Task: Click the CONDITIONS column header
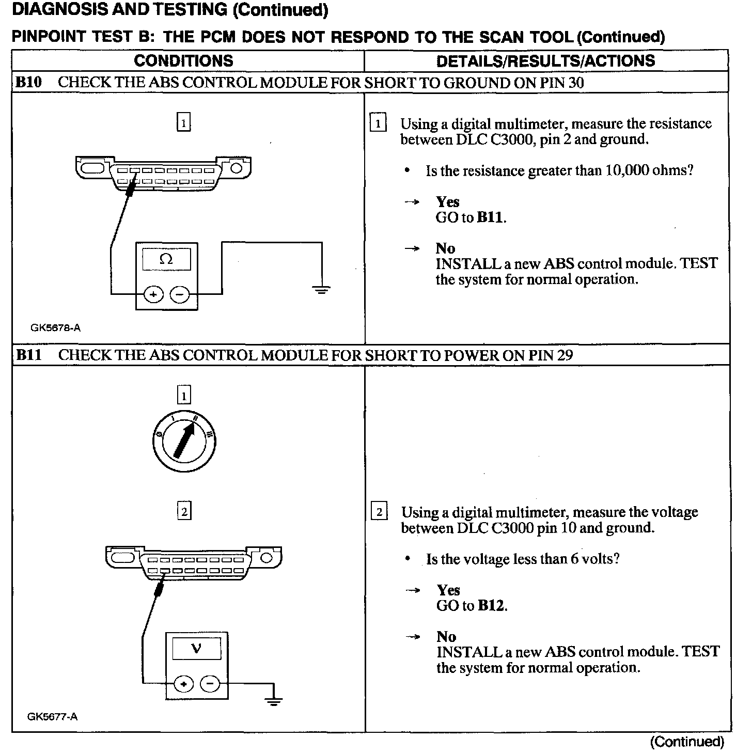(x=183, y=60)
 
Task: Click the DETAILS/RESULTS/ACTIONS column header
(x=545, y=61)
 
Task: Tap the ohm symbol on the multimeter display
(x=166, y=259)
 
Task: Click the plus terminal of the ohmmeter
(x=153, y=294)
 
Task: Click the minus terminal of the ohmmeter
(x=180, y=294)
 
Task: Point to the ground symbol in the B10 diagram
(x=321, y=289)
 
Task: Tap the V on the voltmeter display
(x=196, y=648)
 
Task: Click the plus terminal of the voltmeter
(x=183, y=684)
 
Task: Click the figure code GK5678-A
(x=55, y=327)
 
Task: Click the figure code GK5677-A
(x=53, y=716)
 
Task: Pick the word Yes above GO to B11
(x=447, y=201)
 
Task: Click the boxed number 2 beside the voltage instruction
(x=379, y=512)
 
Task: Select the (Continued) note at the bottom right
(x=687, y=742)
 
